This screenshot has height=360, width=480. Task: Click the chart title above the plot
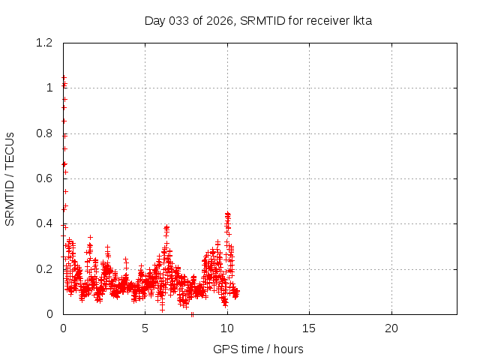(x=258, y=20)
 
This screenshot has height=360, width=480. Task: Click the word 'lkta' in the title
(x=362, y=20)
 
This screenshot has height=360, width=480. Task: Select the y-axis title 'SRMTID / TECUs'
(x=10, y=178)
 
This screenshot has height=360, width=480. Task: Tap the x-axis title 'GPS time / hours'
(x=258, y=349)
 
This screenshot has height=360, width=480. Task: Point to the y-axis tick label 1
(x=49, y=88)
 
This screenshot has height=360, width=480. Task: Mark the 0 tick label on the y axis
(x=49, y=314)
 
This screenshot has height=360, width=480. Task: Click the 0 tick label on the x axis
(x=63, y=328)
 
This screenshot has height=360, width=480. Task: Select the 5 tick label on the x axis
(x=145, y=328)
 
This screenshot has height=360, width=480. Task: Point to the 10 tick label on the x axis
(x=227, y=328)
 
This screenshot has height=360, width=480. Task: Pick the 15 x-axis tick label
(x=309, y=328)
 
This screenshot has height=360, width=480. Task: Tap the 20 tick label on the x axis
(x=391, y=328)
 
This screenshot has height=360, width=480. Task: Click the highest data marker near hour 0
(x=64, y=76)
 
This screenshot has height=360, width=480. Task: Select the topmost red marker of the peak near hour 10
(x=227, y=214)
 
